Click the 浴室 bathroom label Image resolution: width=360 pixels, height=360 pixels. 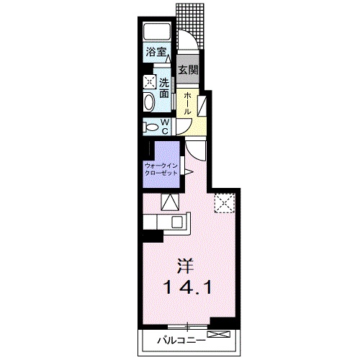pyautogui.click(x=156, y=52)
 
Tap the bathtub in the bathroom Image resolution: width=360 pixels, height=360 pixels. pyautogui.click(x=157, y=32)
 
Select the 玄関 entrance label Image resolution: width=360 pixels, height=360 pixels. pyautogui.click(x=188, y=70)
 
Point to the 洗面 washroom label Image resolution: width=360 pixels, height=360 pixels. pyautogui.click(x=164, y=89)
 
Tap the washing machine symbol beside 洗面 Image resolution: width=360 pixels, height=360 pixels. pyautogui.click(x=149, y=82)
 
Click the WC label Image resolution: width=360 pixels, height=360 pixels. pyautogui.click(x=166, y=127)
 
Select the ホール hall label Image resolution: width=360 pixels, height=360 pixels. pyautogui.click(x=187, y=104)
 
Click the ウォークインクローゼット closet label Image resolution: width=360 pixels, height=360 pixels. pyautogui.click(x=161, y=169)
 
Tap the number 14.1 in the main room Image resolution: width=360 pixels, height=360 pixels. pyautogui.click(x=187, y=287)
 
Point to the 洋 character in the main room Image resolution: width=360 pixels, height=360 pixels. pyautogui.click(x=185, y=266)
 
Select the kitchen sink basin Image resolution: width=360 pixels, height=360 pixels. pyautogui.click(x=178, y=222)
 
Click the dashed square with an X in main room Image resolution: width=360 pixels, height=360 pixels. pyautogui.click(x=225, y=203)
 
